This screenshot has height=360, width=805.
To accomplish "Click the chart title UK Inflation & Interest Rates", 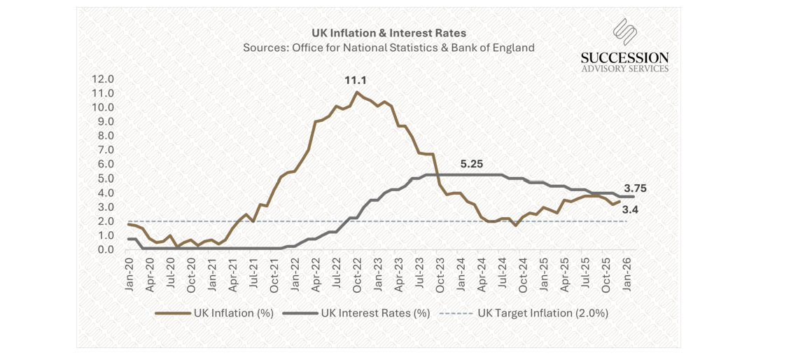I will coord(388,33).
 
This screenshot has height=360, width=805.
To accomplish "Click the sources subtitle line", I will coord(388,48).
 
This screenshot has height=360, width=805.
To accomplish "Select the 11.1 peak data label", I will coord(356,81).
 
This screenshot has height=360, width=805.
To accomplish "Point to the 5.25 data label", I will coord(472,163).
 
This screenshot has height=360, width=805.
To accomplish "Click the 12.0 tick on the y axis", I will coord(104,79).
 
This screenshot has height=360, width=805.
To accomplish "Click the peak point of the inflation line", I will coord(357,92).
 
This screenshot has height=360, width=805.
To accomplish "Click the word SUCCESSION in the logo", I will coord(624,57).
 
